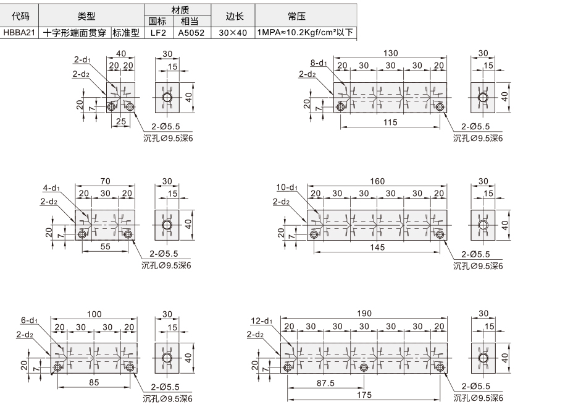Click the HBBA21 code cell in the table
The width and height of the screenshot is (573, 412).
(19, 33)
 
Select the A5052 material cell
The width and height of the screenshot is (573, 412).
(191, 33)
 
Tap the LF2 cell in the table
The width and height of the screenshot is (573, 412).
(158, 33)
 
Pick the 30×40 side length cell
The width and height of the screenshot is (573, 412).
(233, 33)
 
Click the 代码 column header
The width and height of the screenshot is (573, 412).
(20, 16)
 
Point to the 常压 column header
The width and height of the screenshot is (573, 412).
(296, 16)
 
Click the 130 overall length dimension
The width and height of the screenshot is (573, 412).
(390, 53)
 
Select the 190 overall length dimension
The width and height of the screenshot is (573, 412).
(364, 314)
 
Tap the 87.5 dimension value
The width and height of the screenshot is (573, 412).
(325, 383)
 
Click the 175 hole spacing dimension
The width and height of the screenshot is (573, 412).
(364, 395)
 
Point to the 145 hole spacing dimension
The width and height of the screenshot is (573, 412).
(377, 247)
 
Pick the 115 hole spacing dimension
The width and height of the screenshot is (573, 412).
(390, 122)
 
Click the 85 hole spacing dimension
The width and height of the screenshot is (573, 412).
(94, 382)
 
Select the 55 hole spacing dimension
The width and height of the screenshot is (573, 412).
(105, 246)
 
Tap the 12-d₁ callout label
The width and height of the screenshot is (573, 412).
(262, 321)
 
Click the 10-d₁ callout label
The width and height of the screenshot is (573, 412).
(287, 187)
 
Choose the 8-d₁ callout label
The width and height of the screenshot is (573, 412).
(319, 63)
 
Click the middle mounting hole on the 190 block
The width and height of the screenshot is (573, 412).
(363, 367)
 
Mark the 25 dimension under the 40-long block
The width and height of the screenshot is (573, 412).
(121, 121)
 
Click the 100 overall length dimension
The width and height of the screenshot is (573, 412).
(94, 314)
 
